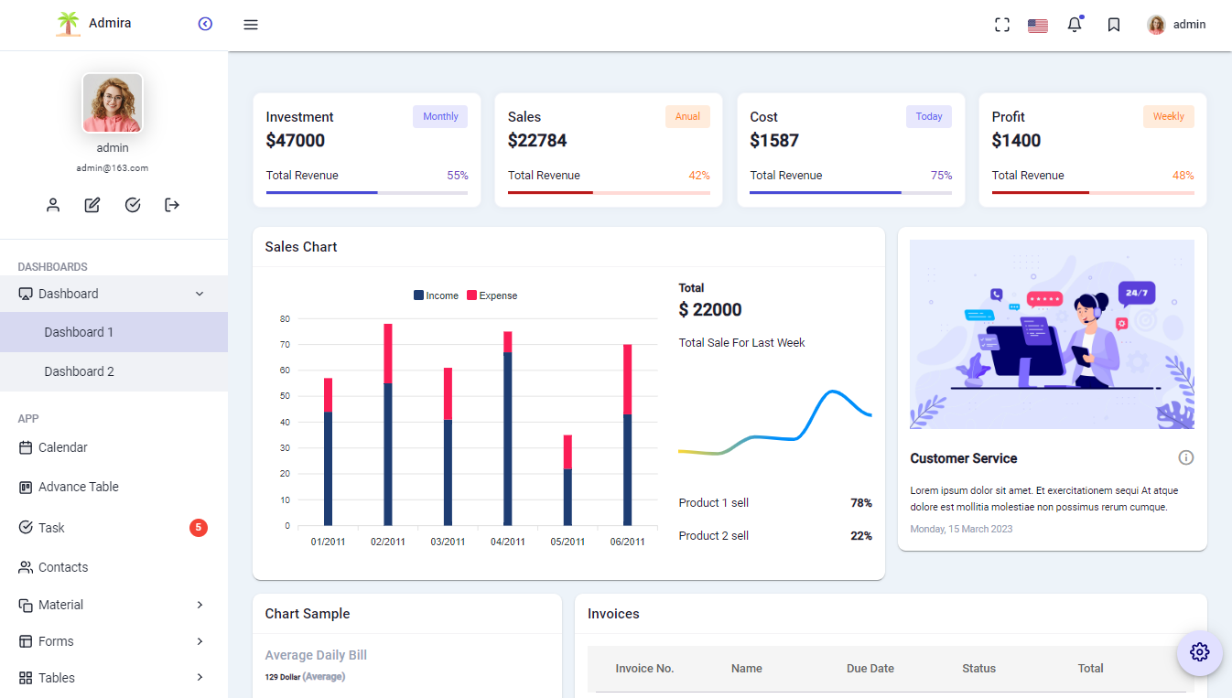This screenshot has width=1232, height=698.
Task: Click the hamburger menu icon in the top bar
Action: pos(251,25)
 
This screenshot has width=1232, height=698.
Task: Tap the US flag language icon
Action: pos(1037,26)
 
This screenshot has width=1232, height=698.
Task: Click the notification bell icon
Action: pos(1075,25)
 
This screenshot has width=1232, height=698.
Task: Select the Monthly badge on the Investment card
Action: pos(440,116)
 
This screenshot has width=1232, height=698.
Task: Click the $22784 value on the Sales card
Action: pos(537,140)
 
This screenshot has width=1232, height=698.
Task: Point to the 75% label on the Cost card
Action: pos(941,176)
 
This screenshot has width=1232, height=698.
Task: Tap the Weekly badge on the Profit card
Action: pos(1168,116)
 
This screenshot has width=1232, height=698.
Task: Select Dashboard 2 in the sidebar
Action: pos(80,371)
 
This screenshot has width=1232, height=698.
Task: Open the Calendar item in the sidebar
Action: pos(63,447)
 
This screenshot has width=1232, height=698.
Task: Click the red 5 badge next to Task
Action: pos(199,527)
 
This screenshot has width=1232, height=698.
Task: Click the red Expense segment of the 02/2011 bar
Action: pos(388,353)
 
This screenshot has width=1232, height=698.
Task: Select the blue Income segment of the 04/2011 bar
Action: pos(508,439)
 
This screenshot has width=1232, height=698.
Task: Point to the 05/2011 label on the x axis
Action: pos(567,542)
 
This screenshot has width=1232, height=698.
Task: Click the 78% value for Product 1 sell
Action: pos(860,503)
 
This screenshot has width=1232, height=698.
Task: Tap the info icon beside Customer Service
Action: pos(1186,457)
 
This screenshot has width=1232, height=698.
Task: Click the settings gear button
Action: pos(1199,652)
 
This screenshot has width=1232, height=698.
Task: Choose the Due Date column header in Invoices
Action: pos(870,669)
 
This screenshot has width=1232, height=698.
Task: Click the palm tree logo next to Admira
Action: pos(68,24)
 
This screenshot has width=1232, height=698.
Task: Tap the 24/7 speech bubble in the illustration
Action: pos(1136,293)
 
